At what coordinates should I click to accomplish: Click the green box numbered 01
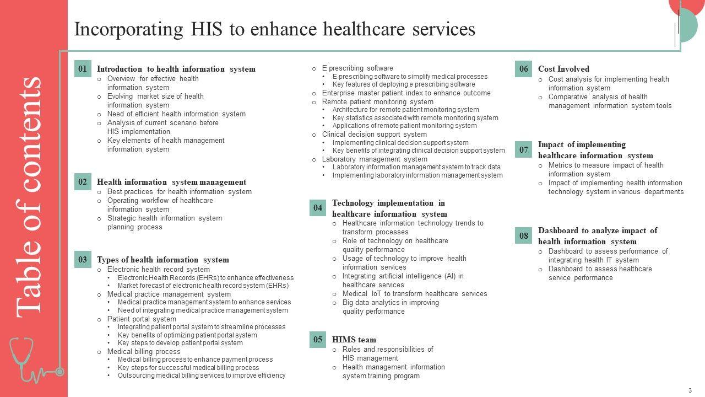(83, 69)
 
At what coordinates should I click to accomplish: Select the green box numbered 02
(83, 182)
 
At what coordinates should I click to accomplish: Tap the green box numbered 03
(83, 260)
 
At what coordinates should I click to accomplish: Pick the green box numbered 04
(318, 208)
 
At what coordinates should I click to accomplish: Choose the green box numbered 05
(318, 340)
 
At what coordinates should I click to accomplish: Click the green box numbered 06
(524, 69)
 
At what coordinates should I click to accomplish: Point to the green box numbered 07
(524, 149)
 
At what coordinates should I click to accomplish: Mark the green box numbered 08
(524, 236)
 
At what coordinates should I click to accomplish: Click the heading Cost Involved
(563, 69)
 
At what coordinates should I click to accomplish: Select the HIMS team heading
(354, 340)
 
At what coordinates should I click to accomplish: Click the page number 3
(690, 390)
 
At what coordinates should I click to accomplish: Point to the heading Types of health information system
(163, 260)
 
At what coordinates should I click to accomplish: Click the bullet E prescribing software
(357, 68)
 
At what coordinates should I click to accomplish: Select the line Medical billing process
(144, 351)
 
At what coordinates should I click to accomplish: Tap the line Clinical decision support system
(375, 134)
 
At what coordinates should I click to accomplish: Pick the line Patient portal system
(142, 319)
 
